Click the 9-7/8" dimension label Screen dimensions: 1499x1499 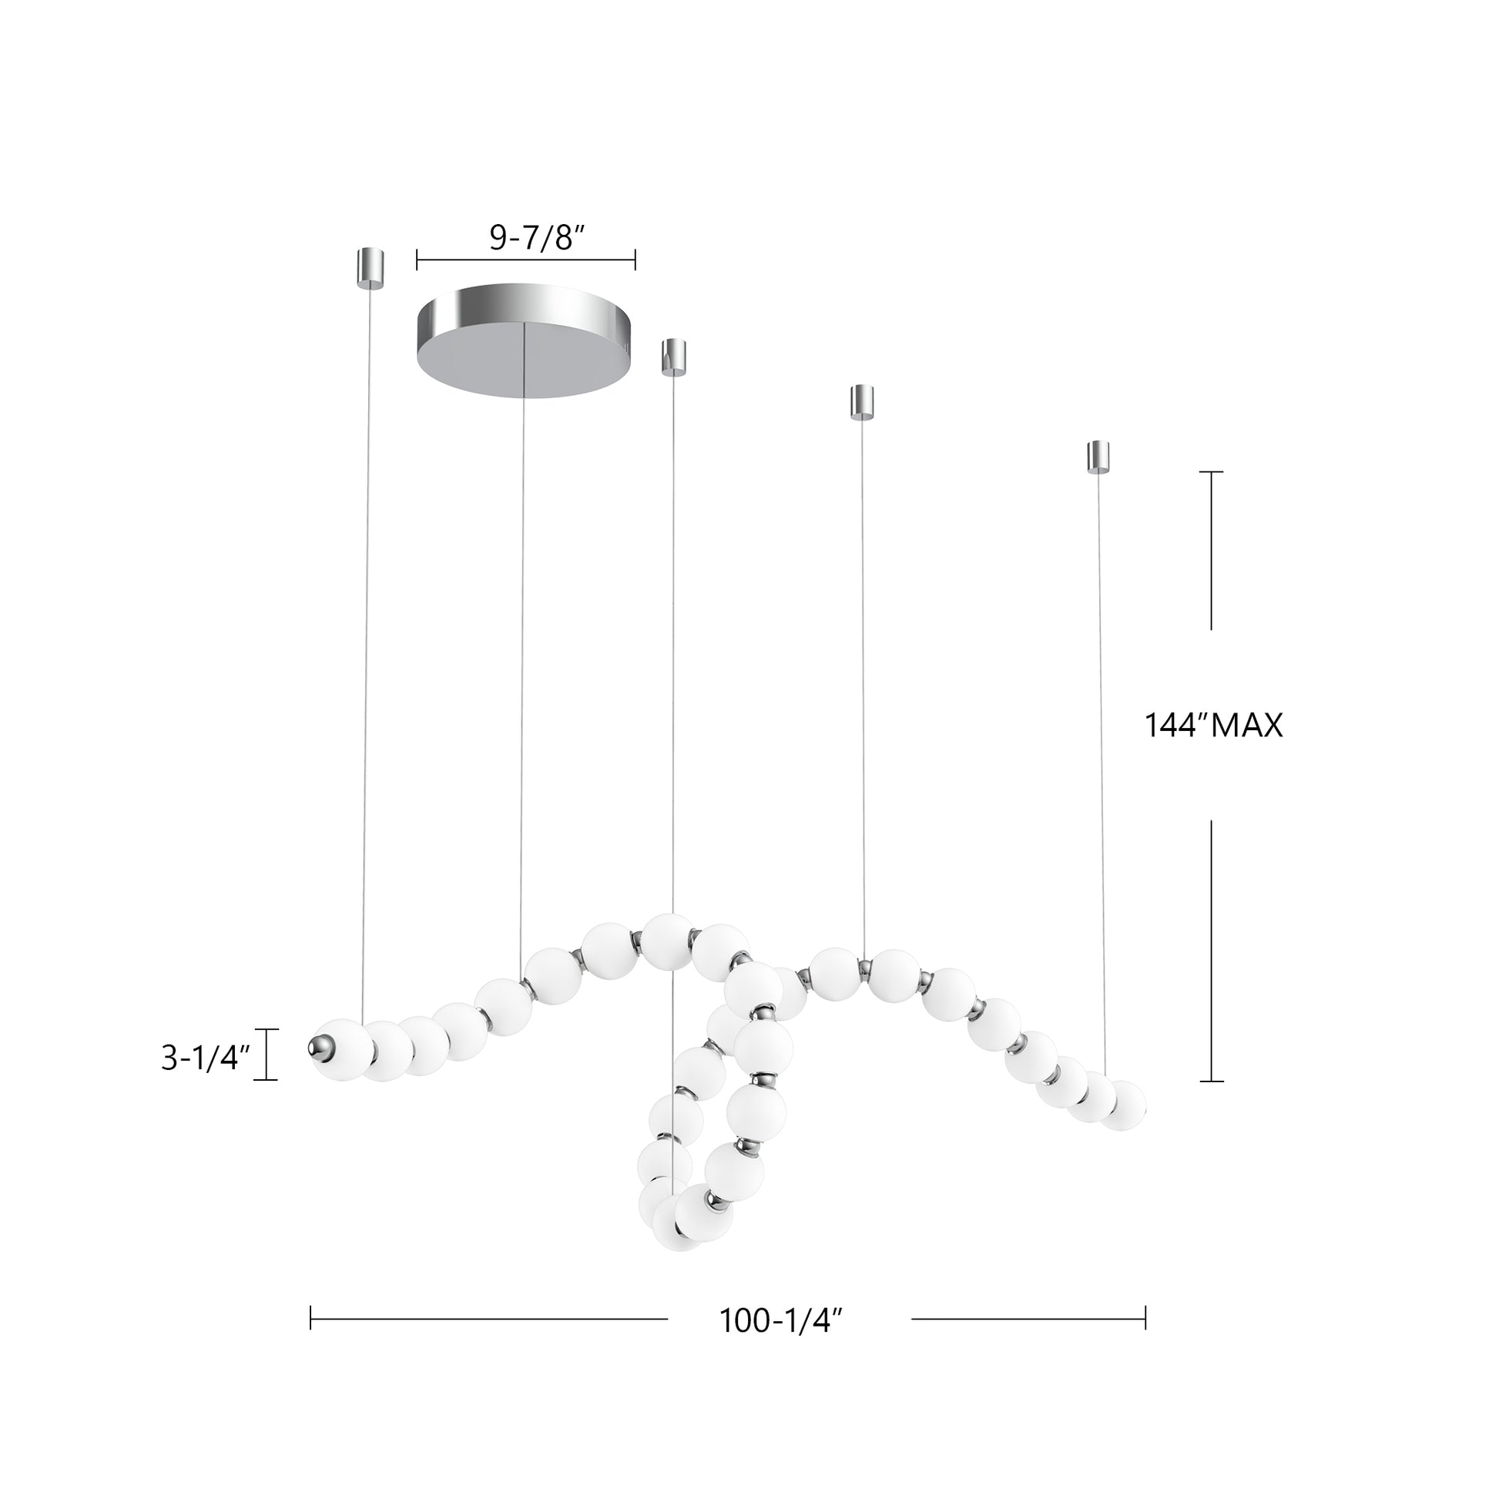[536, 237]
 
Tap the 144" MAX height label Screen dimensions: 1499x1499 [1213, 726]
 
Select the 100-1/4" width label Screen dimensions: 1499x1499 [780, 1320]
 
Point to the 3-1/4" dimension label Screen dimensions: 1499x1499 [205, 1058]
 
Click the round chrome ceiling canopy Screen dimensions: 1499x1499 [525, 341]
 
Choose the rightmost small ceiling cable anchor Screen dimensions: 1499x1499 [1097, 458]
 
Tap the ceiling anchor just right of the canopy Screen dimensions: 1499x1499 [672, 357]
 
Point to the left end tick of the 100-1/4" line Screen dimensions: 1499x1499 [311, 1317]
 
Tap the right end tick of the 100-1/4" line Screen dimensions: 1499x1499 [1145, 1317]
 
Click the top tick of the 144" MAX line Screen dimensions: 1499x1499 [1211, 471]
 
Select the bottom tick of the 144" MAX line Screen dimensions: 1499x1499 [1211, 1081]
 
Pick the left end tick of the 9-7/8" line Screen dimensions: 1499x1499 [418, 260]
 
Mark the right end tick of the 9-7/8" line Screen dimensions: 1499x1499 [635, 260]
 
